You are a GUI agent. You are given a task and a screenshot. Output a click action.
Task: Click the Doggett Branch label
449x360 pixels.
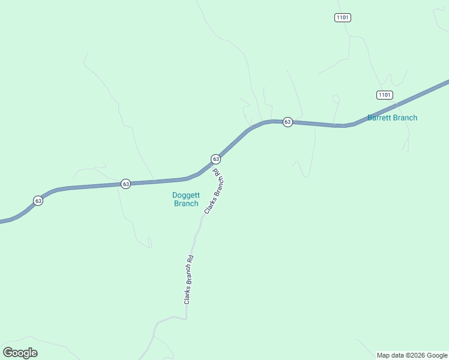[185, 199]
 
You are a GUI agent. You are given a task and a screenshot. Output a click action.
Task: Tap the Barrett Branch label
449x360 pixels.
[392, 118]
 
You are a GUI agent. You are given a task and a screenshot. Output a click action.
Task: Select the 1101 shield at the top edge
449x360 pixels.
[342, 17]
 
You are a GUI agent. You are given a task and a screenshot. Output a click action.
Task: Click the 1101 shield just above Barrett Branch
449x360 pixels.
[385, 95]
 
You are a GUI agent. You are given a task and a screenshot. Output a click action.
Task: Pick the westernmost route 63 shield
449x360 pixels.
[38, 200]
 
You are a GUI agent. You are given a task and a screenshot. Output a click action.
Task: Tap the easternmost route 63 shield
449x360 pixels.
[288, 122]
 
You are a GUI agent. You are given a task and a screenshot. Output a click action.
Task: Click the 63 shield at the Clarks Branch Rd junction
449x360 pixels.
[215, 159]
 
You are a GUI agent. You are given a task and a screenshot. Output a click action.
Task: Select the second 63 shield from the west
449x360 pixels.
[125, 184]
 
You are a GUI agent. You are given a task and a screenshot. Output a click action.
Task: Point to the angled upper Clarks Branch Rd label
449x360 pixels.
[214, 191]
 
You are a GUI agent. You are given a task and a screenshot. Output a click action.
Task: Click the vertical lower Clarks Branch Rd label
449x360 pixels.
[188, 280]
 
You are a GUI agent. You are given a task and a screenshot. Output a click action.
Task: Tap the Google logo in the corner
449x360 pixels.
[20, 353]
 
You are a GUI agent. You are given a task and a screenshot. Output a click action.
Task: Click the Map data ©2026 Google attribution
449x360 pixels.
[412, 355]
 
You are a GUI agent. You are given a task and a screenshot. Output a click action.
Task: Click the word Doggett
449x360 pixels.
[185, 195]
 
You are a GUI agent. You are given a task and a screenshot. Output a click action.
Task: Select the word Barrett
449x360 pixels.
[379, 118]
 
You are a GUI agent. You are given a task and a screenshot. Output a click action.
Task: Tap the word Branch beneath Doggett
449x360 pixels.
[186, 203]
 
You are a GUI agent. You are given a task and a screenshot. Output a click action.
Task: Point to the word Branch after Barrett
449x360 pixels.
[405, 118]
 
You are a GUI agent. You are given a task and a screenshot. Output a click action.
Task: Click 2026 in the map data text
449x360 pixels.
[418, 355]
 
